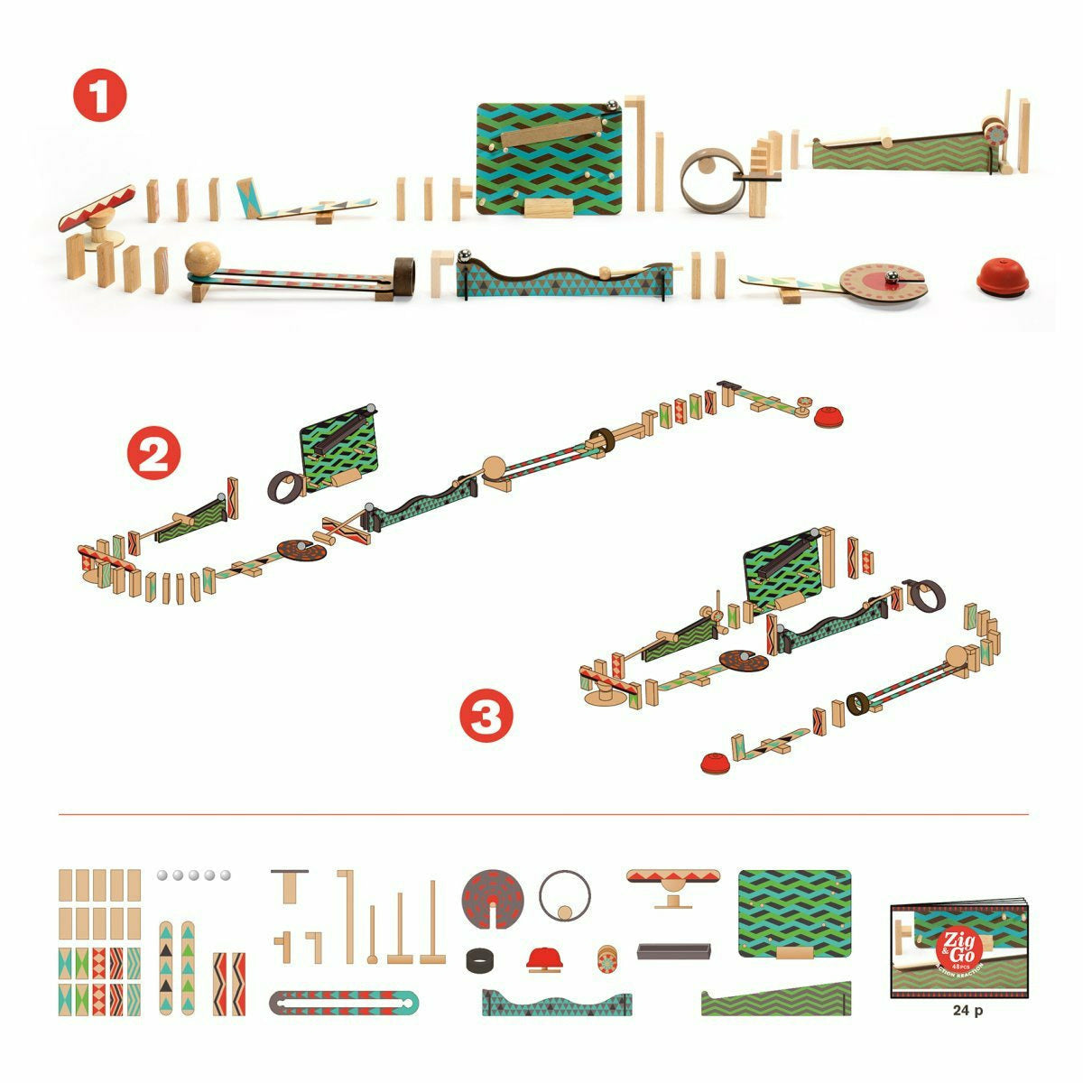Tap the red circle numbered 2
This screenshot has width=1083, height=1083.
[154, 456]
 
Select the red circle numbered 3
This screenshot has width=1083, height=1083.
[486, 717]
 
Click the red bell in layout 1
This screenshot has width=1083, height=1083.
[1002, 278]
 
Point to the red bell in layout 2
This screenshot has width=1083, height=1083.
[828, 416]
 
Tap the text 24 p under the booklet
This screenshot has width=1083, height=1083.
[967, 1011]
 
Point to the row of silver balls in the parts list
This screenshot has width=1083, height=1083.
[193, 875]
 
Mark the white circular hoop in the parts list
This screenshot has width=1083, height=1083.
[565, 896]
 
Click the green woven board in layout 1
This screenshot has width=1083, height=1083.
[550, 160]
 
